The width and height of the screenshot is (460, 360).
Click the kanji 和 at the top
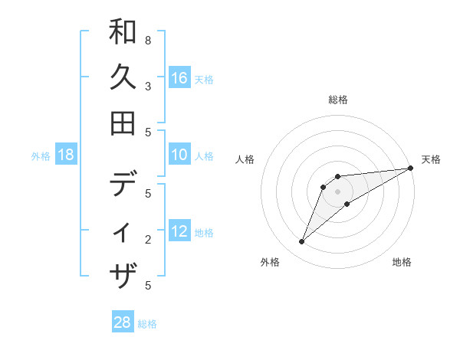(123, 33)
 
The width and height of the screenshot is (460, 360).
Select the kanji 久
(123, 77)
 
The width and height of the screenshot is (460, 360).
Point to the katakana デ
(123, 185)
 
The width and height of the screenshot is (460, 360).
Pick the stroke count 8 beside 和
(148, 40)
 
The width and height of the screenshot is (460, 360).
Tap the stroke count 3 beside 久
(148, 86)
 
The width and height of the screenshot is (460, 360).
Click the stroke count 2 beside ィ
(148, 240)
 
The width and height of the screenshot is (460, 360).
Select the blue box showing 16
(179, 77)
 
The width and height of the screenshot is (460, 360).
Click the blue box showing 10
(179, 155)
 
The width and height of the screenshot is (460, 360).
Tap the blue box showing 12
(179, 231)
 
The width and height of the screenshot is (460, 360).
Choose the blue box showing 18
(66, 155)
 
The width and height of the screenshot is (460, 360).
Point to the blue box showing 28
(123, 322)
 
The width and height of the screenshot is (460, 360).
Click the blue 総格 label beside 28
(147, 324)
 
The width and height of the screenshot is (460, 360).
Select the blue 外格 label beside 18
(41, 156)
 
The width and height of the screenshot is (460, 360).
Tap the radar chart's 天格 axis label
(431, 159)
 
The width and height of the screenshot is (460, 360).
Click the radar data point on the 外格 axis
(301, 242)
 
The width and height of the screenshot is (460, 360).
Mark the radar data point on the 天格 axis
(410, 169)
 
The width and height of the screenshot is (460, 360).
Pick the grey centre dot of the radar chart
(338, 191)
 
